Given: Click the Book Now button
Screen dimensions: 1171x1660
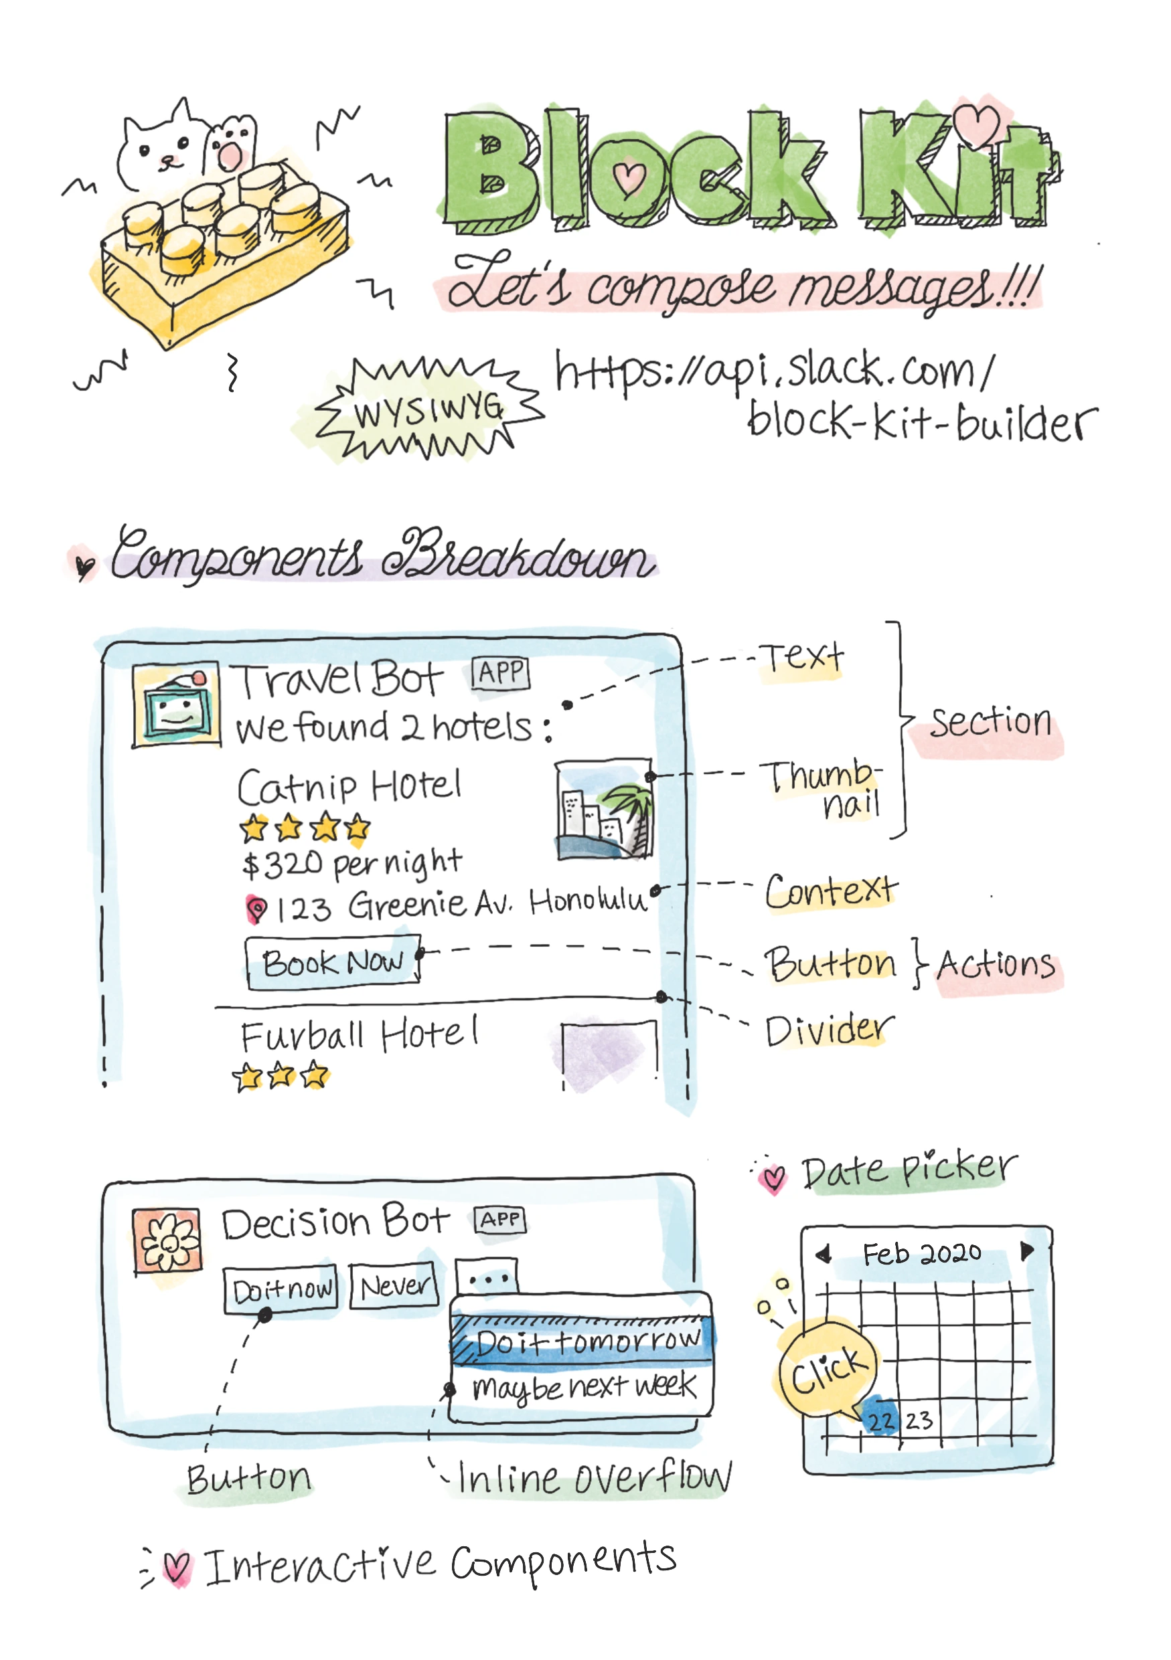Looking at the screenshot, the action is (x=333, y=961).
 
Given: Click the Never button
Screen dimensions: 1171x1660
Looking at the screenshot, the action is (x=394, y=1285).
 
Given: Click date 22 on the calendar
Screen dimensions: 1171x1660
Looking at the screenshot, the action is (x=881, y=1420).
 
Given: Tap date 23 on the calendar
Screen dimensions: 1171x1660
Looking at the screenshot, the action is (x=919, y=1420).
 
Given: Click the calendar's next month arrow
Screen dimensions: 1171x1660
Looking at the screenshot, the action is (x=1026, y=1251).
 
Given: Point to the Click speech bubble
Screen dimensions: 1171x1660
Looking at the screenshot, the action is (x=828, y=1369).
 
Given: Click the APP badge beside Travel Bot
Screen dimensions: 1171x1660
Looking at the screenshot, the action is (x=501, y=674).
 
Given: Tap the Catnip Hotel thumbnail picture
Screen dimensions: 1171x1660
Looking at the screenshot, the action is (x=605, y=809).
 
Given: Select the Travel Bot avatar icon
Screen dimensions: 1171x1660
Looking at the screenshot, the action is (x=177, y=705).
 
